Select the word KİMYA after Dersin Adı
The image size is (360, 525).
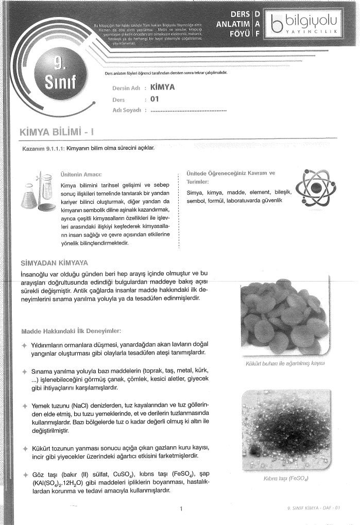click(161, 87)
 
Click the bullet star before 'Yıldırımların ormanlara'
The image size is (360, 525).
click(24, 344)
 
